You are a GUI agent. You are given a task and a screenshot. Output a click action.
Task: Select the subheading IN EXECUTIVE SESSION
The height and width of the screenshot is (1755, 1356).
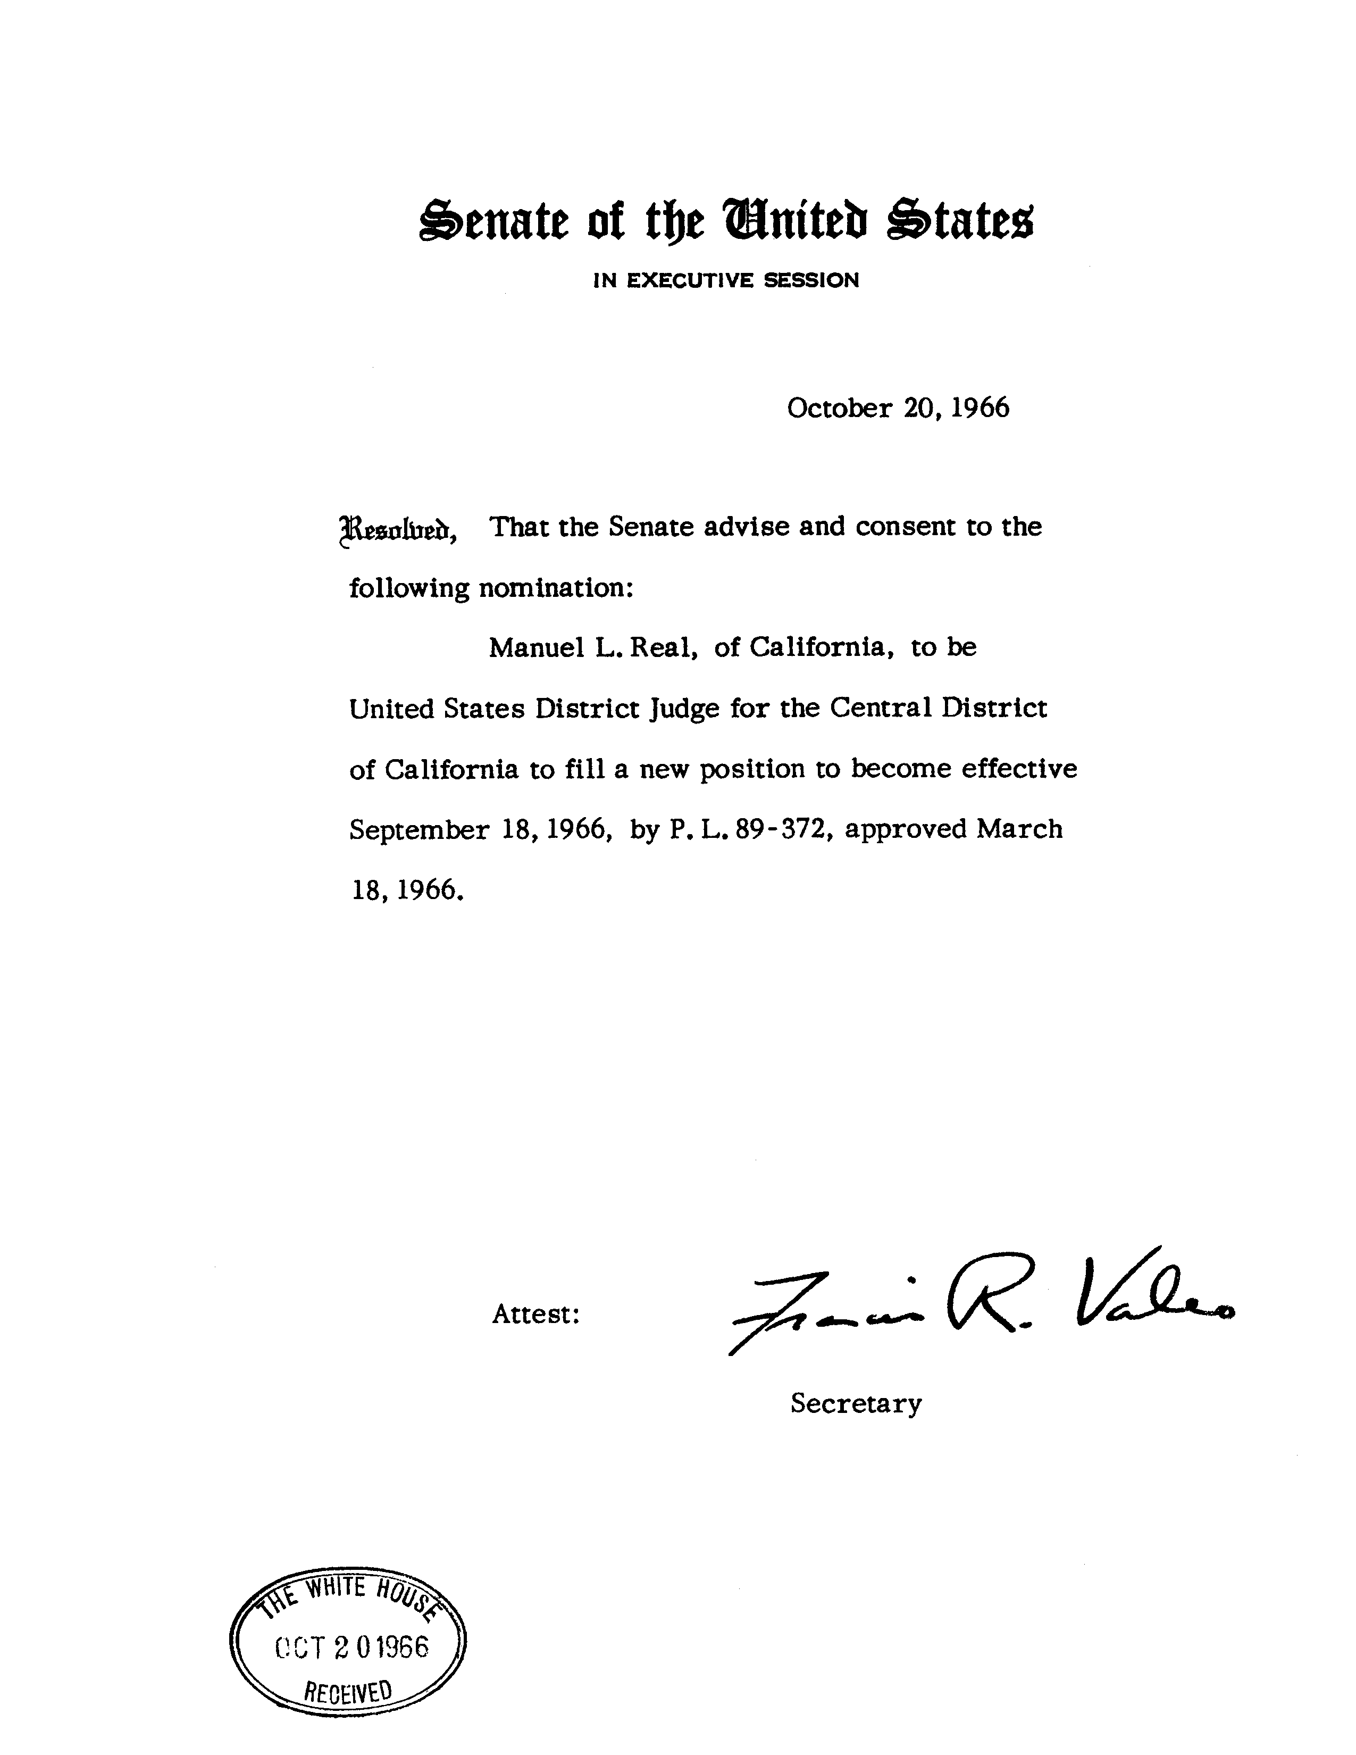pos(725,280)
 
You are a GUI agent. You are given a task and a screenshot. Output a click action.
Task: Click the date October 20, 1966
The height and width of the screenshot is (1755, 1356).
pos(897,408)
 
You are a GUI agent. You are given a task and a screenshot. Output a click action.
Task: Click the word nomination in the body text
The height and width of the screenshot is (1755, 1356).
pos(556,588)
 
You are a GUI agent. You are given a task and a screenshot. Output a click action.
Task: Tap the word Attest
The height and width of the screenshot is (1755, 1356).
pos(536,1315)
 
